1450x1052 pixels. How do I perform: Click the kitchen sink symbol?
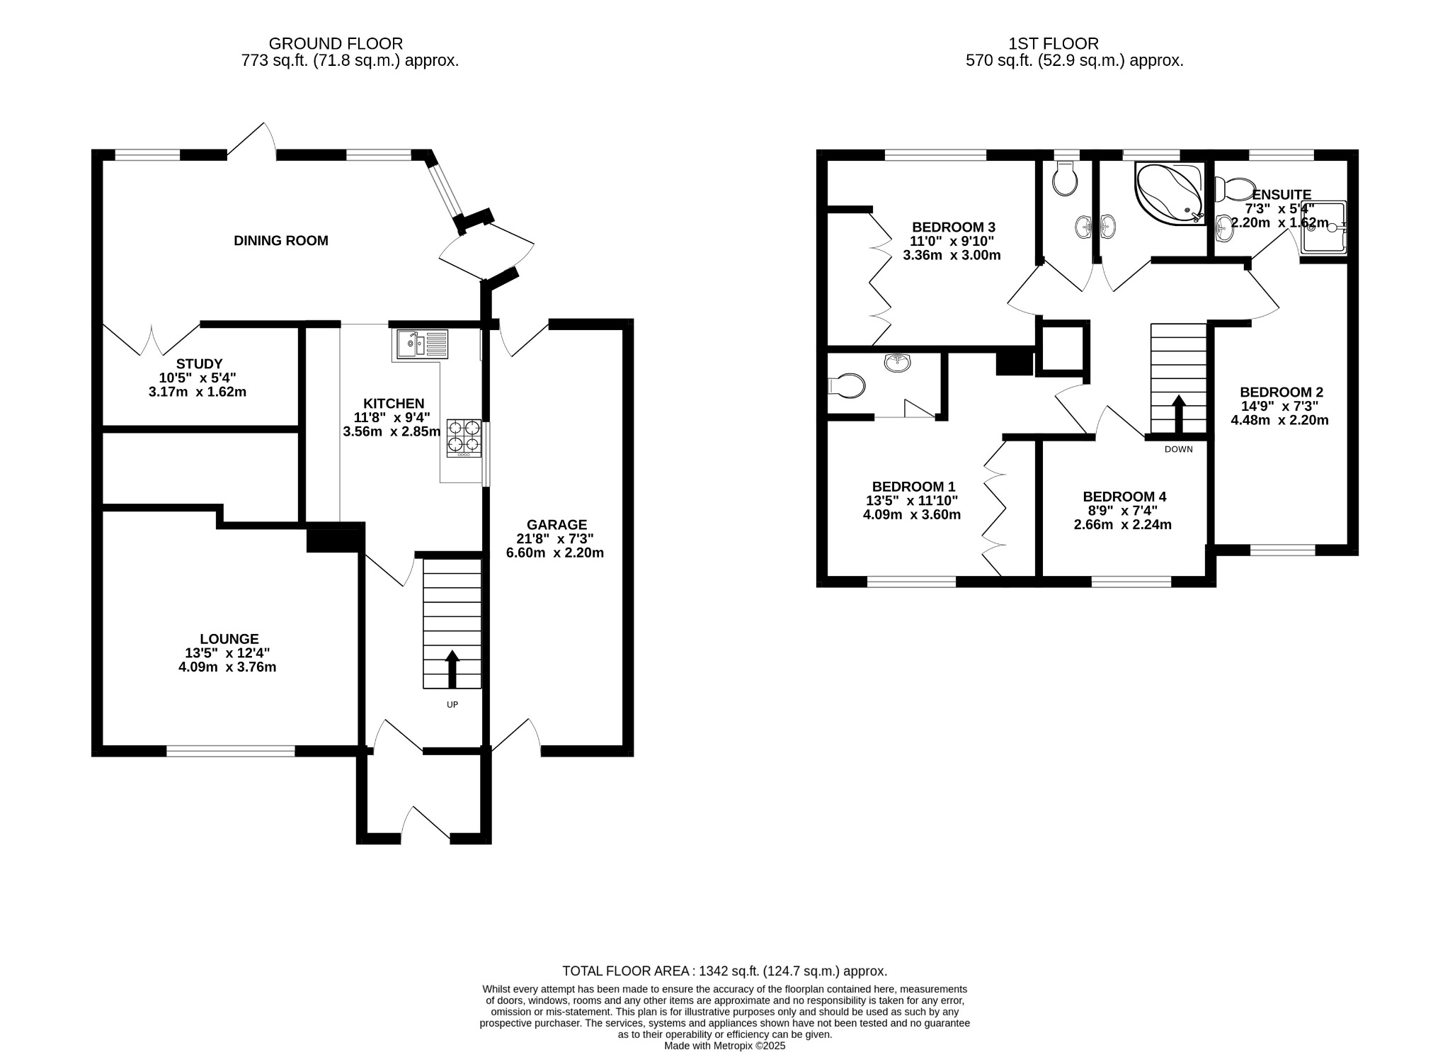[x=422, y=344]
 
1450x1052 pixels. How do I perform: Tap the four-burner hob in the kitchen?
[x=464, y=437]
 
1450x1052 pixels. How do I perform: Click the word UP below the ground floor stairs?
[x=452, y=705]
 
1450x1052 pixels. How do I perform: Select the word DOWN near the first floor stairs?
[x=1178, y=449]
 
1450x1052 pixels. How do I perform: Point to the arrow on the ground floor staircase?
[x=452, y=669]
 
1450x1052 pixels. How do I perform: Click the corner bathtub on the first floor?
[x=1170, y=193]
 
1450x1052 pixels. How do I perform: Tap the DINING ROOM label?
[x=281, y=241]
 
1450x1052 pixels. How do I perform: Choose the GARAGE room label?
[x=556, y=525]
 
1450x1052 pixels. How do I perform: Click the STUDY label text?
[x=199, y=364]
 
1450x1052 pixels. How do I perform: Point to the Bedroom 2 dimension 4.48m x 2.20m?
[x=1279, y=420]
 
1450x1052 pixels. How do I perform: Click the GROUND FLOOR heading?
[x=336, y=44]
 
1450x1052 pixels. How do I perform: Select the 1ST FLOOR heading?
[x=1054, y=44]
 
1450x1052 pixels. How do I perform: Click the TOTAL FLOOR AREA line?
[x=724, y=971]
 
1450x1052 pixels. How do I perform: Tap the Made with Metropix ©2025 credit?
[x=724, y=1046]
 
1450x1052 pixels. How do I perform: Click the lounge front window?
[x=231, y=751]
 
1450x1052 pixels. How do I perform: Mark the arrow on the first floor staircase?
[x=1179, y=414]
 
